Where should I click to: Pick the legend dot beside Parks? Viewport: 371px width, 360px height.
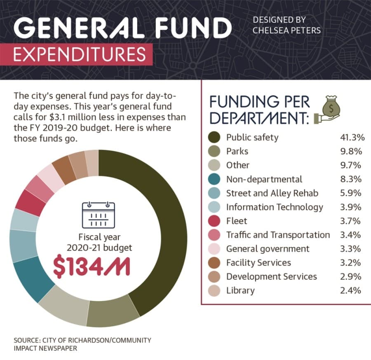click(214, 151)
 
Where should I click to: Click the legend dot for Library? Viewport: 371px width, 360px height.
click(214, 290)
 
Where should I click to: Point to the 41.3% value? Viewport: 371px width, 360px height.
click(352, 137)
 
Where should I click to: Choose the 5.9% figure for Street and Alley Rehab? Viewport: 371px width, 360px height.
click(351, 193)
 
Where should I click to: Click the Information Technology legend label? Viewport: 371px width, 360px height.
click(275, 207)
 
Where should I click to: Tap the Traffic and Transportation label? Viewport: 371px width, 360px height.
click(278, 235)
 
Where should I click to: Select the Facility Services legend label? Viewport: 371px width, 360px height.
click(258, 263)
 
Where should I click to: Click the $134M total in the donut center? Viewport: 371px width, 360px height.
click(92, 267)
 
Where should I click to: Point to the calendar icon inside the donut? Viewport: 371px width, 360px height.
click(99, 215)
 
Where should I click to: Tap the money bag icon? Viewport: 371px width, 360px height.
click(328, 110)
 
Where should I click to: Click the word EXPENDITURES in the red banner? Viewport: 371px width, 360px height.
click(80, 54)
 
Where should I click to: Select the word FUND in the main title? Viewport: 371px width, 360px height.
click(193, 28)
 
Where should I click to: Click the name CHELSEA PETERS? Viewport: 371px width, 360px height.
click(286, 30)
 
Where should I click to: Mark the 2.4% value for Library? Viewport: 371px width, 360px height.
click(351, 290)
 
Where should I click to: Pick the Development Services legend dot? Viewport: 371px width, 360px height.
click(214, 277)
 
